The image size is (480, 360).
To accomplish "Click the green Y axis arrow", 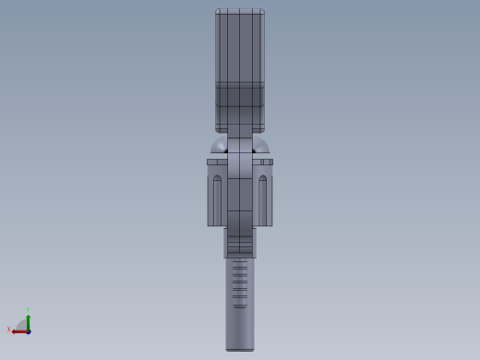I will [29, 320].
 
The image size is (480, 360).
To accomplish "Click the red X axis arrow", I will [18, 330].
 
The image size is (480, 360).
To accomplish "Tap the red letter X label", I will [9, 330].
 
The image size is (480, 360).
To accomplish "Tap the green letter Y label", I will [29, 310].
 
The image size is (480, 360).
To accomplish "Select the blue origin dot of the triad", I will [29, 330].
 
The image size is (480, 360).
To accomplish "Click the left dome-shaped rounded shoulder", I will [219, 146].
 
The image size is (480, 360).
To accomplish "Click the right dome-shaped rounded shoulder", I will [261, 146].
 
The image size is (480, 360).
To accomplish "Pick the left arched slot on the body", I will [218, 198].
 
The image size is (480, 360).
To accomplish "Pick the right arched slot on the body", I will [262, 198].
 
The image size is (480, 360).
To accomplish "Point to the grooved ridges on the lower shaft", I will [240, 282].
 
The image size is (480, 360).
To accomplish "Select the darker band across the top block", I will [240, 96].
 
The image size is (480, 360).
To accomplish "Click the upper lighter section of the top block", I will [240, 46].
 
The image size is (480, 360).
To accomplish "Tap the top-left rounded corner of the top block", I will [218, 12].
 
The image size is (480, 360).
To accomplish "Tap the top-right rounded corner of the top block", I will [262, 12].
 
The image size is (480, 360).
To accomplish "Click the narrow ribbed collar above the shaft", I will [240, 246].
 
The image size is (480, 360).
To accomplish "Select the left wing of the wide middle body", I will [216, 194].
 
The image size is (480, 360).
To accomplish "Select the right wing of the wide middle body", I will [264, 194].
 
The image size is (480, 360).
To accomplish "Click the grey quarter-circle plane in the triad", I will [22, 325].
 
